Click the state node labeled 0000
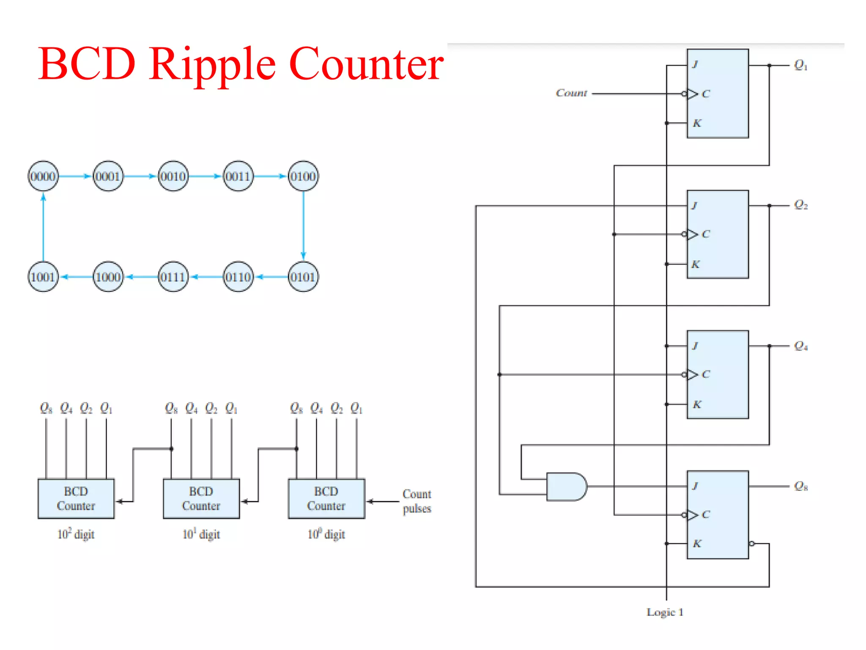pyautogui.click(x=43, y=176)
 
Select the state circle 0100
pyautogui.click(x=303, y=176)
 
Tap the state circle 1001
pyautogui.click(x=43, y=277)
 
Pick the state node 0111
pyautogui.click(x=173, y=277)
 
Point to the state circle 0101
pyautogui.click(x=303, y=277)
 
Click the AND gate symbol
pyautogui.click(x=566, y=487)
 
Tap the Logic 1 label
pyautogui.click(x=665, y=612)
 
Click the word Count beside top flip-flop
pyautogui.click(x=571, y=93)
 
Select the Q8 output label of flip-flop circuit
pyautogui.click(x=800, y=486)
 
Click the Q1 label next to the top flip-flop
pyautogui.click(x=800, y=65)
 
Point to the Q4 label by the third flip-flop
pyautogui.click(x=800, y=346)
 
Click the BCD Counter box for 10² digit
pyautogui.click(x=76, y=499)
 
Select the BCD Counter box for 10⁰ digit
pyautogui.click(x=326, y=499)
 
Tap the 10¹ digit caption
pyautogui.click(x=201, y=534)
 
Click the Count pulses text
pyautogui.click(x=417, y=501)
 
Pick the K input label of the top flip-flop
pyautogui.click(x=697, y=123)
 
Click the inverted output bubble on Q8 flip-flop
pyautogui.click(x=751, y=543)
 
